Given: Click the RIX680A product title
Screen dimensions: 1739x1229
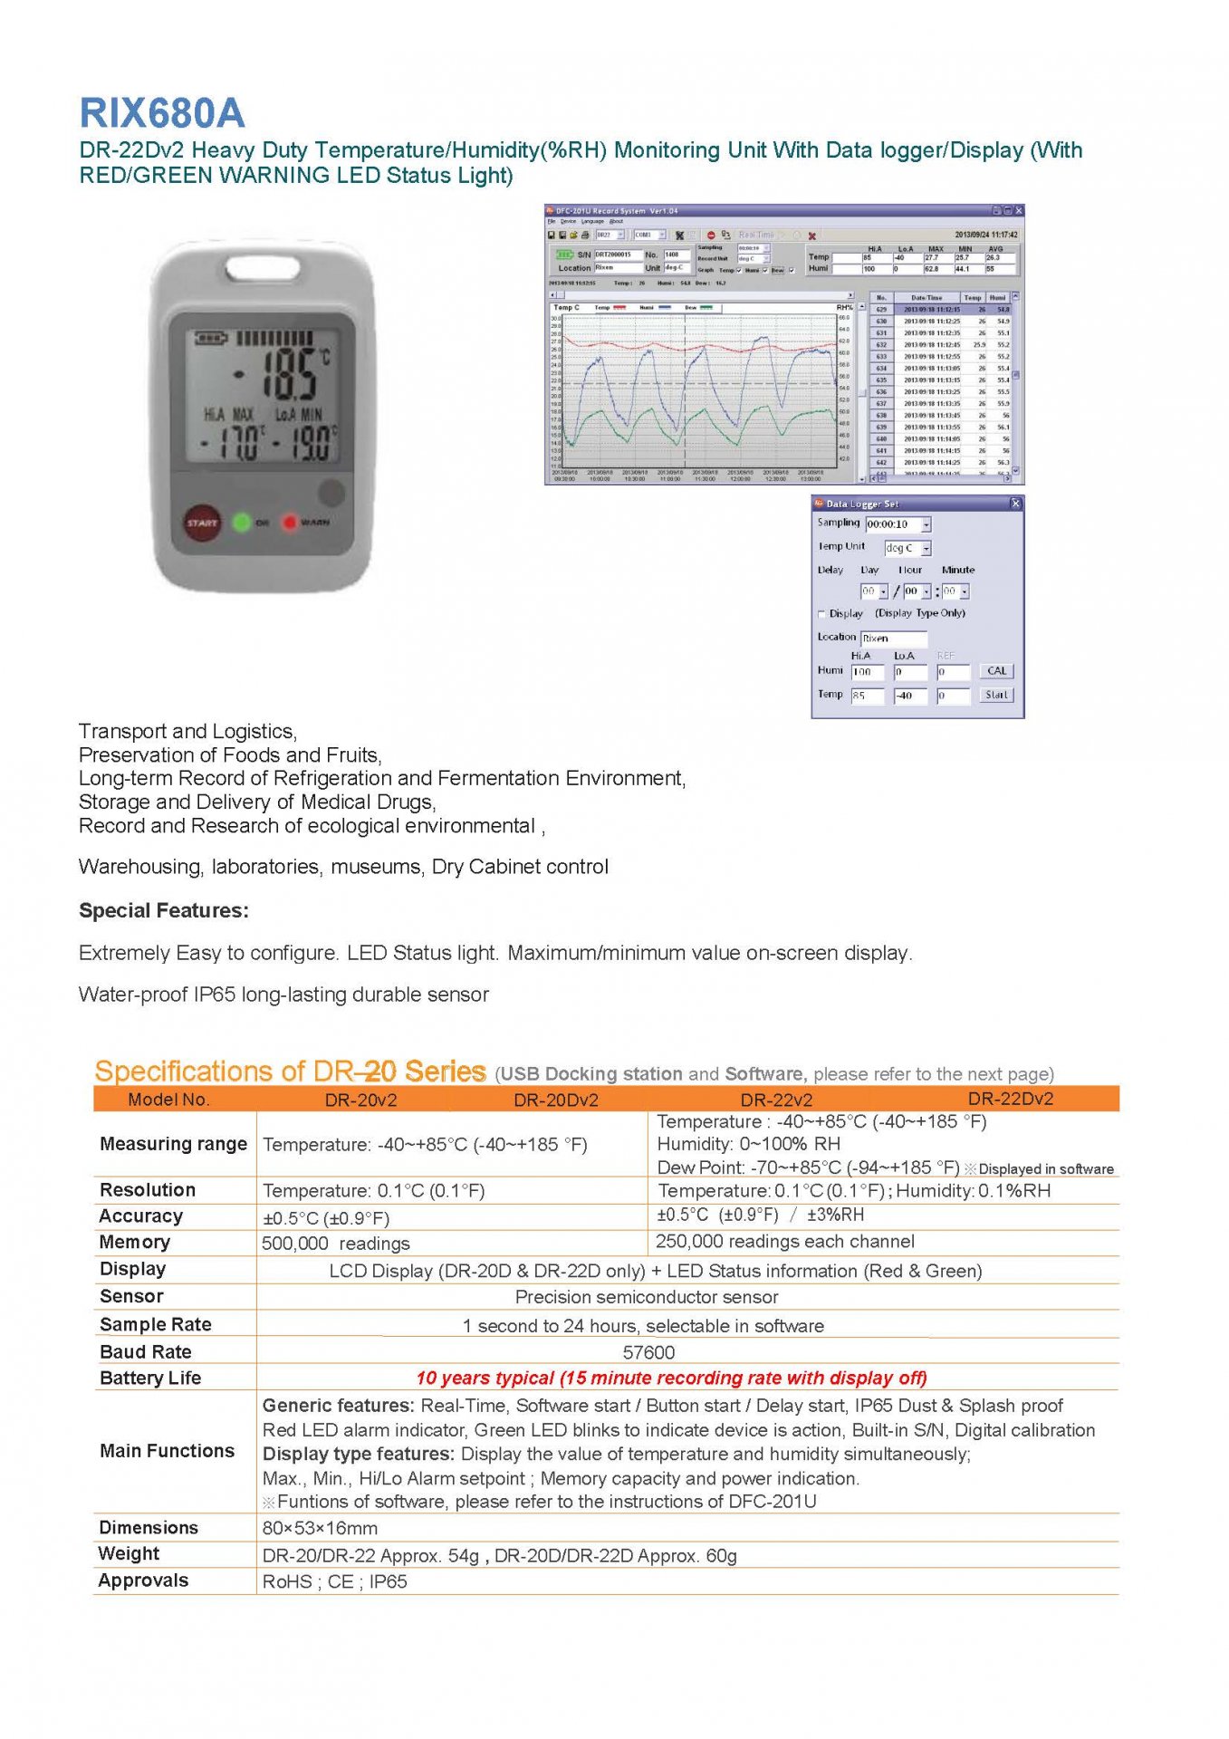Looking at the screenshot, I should [162, 114].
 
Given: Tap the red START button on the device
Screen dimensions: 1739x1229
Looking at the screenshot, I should [202, 523].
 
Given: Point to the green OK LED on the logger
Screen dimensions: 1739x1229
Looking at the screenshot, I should [242, 523].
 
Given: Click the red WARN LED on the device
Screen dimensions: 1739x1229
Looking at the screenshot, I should [290, 523].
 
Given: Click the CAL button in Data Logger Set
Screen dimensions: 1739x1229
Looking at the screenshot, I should [996, 671].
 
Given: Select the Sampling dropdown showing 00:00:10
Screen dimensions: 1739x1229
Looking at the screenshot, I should [898, 524].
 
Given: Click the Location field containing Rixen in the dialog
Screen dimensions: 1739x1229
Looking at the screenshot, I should [893, 639].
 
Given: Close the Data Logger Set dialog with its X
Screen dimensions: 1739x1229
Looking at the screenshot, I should [1015, 504].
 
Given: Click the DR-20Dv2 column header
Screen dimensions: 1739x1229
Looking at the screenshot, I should [555, 1100].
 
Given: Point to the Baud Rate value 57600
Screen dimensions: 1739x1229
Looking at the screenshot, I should [648, 1352].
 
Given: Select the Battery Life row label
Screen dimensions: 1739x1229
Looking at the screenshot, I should [150, 1378].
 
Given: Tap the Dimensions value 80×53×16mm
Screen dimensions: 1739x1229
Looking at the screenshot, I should [320, 1528].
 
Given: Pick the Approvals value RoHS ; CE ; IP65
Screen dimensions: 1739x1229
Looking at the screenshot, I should [334, 1581].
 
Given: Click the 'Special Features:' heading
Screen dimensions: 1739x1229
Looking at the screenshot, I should [164, 910].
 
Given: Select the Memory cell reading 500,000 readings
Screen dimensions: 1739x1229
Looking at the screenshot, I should [336, 1244].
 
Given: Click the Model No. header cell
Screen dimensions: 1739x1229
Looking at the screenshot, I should [168, 1100].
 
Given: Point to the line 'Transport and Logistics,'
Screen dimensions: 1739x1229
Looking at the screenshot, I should [187, 731].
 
